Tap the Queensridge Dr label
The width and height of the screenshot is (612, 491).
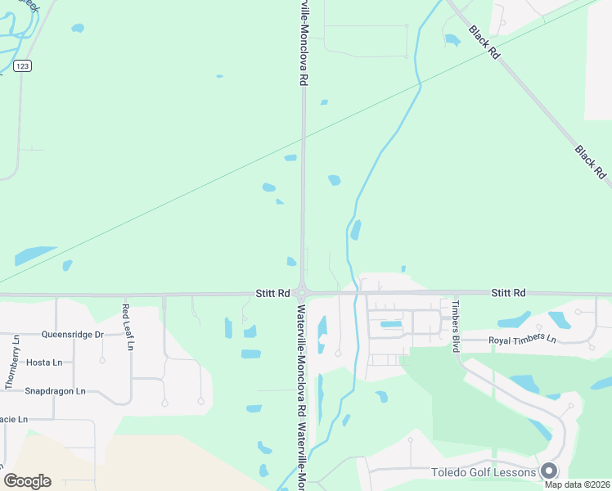pos(73,335)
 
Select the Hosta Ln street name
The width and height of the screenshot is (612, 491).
pos(44,363)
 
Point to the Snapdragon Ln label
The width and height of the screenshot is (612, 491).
pos(55,391)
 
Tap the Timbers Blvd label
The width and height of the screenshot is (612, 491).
pos(457,325)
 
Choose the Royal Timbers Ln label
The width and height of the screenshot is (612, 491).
pos(522,340)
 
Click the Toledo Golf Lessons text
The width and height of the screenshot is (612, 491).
pos(484,472)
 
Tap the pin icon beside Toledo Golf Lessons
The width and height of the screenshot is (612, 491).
pos(549,471)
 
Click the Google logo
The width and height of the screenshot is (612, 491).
pos(27,480)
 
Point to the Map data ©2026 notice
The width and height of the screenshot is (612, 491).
pos(576,484)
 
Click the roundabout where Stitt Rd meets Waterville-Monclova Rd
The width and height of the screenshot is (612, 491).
pos(302,293)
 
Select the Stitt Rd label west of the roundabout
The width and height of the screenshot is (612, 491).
pos(272,293)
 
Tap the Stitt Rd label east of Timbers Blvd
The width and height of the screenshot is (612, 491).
pos(507,293)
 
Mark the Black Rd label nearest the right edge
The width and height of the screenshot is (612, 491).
pos(590,162)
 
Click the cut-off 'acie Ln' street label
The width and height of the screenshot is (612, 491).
pos(14,419)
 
